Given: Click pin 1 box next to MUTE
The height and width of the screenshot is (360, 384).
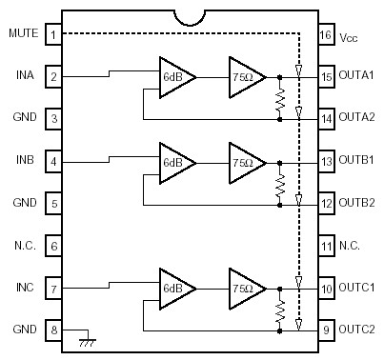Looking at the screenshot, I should pyautogui.click(x=55, y=35).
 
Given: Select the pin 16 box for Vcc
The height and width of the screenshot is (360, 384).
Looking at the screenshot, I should pyautogui.click(x=325, y=35).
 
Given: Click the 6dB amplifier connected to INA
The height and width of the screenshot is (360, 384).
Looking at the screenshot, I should pyautogui.click(x=175, y=76).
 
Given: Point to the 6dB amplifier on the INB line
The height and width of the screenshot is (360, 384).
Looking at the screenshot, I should pyautogui.click(x=175, y=162).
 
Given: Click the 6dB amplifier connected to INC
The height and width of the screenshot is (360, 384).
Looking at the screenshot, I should pyautogui.click(x=175, y=287).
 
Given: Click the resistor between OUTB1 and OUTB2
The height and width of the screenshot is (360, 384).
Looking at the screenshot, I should pyautogui.click(x=279, y=183).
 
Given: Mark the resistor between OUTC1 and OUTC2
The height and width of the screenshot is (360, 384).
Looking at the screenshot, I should pyautogui.click(x=279, y=309).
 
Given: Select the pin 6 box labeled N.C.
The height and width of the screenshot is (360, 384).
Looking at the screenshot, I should pyautogui.click(x=55, y=245).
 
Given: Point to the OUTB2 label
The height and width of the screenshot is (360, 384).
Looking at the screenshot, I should pyautogui.click(x=357, y=203).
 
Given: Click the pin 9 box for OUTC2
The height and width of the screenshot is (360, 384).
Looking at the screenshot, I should pyautogui.click(x=325, y=329).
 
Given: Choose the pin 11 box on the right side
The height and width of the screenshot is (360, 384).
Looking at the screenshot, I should pyautogui.click(x=325, y=245).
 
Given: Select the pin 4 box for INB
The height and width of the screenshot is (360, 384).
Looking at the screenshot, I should pyautogui.click(x=55, y=162).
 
